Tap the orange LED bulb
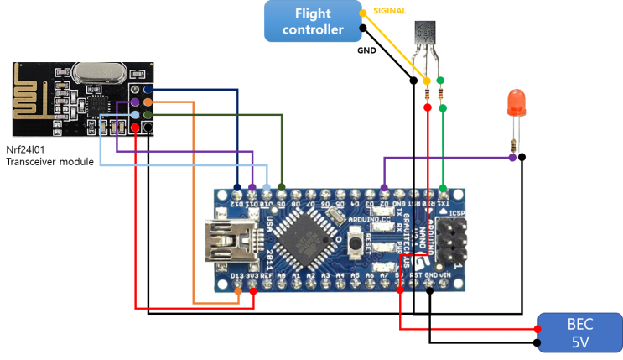516,103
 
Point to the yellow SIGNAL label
390,11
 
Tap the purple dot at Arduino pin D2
384,187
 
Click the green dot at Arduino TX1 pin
443,187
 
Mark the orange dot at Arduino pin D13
238,291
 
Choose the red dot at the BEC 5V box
537,329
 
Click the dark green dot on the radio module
148,114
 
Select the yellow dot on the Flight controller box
362,12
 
